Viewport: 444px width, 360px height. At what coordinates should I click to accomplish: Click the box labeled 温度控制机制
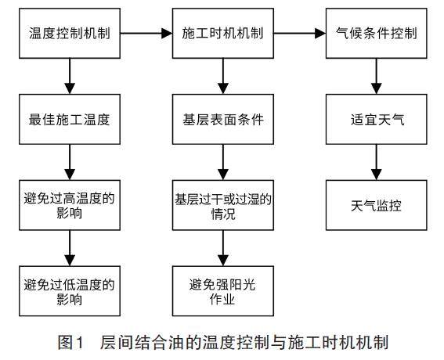(x=70, y=34)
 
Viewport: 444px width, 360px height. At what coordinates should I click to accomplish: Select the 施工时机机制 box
(x=223, y=34)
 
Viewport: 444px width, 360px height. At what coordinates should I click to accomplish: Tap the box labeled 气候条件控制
(x=377, y=34)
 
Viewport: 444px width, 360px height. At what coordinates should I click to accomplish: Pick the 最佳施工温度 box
(x=70, y=120)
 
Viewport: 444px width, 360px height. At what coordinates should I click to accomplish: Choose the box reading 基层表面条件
(x=223, y=120)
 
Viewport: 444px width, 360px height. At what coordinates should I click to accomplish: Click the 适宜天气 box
(x=377, y=120)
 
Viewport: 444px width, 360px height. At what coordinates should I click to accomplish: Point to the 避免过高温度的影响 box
(x=70, y=205)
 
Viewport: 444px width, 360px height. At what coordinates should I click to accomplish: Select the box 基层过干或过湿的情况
(x=223, y=205)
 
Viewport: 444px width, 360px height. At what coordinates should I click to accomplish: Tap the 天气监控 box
(x=377, y=205)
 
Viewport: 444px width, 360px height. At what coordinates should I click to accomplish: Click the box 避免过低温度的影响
(x=70, y=291)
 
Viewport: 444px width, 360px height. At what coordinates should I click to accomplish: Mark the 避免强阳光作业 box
(x=223, y=291)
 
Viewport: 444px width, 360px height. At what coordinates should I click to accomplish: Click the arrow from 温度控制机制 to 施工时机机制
(x=146, y=34)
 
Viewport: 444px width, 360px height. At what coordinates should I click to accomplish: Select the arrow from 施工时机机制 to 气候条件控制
(x=300, y=34)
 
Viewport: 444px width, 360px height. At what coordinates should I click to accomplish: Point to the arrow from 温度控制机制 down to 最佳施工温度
(x=70, y=76)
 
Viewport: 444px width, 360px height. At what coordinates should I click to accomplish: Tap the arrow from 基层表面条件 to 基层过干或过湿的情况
(x=223, y=162)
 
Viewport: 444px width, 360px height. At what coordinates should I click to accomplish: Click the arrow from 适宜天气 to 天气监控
(x=377, y=162)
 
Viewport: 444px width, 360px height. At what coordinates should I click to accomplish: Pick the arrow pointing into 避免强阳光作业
(x=223, y=248)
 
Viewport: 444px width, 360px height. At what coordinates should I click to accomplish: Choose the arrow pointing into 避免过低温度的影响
(x=70, y=248)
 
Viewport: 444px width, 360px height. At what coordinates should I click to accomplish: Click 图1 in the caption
(x=71, y=342)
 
